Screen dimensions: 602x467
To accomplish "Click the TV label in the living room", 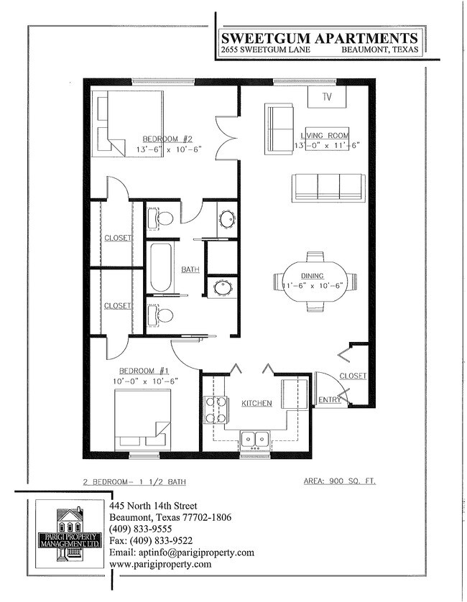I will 328,96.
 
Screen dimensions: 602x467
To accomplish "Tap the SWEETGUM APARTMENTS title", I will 319,38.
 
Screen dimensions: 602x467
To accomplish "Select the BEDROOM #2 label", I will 167,138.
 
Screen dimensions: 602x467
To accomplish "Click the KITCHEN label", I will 256,403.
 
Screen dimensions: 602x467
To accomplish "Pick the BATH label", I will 190,269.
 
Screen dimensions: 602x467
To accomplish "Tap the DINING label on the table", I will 313,276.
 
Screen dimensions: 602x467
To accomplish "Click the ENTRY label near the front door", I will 329,399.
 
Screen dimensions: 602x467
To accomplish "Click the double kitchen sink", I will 255,437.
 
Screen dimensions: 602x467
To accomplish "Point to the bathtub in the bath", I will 159,268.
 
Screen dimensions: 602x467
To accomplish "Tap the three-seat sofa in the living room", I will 328,187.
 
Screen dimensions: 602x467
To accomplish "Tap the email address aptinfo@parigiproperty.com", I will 182,552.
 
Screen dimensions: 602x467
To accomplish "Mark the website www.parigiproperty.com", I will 160,564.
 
